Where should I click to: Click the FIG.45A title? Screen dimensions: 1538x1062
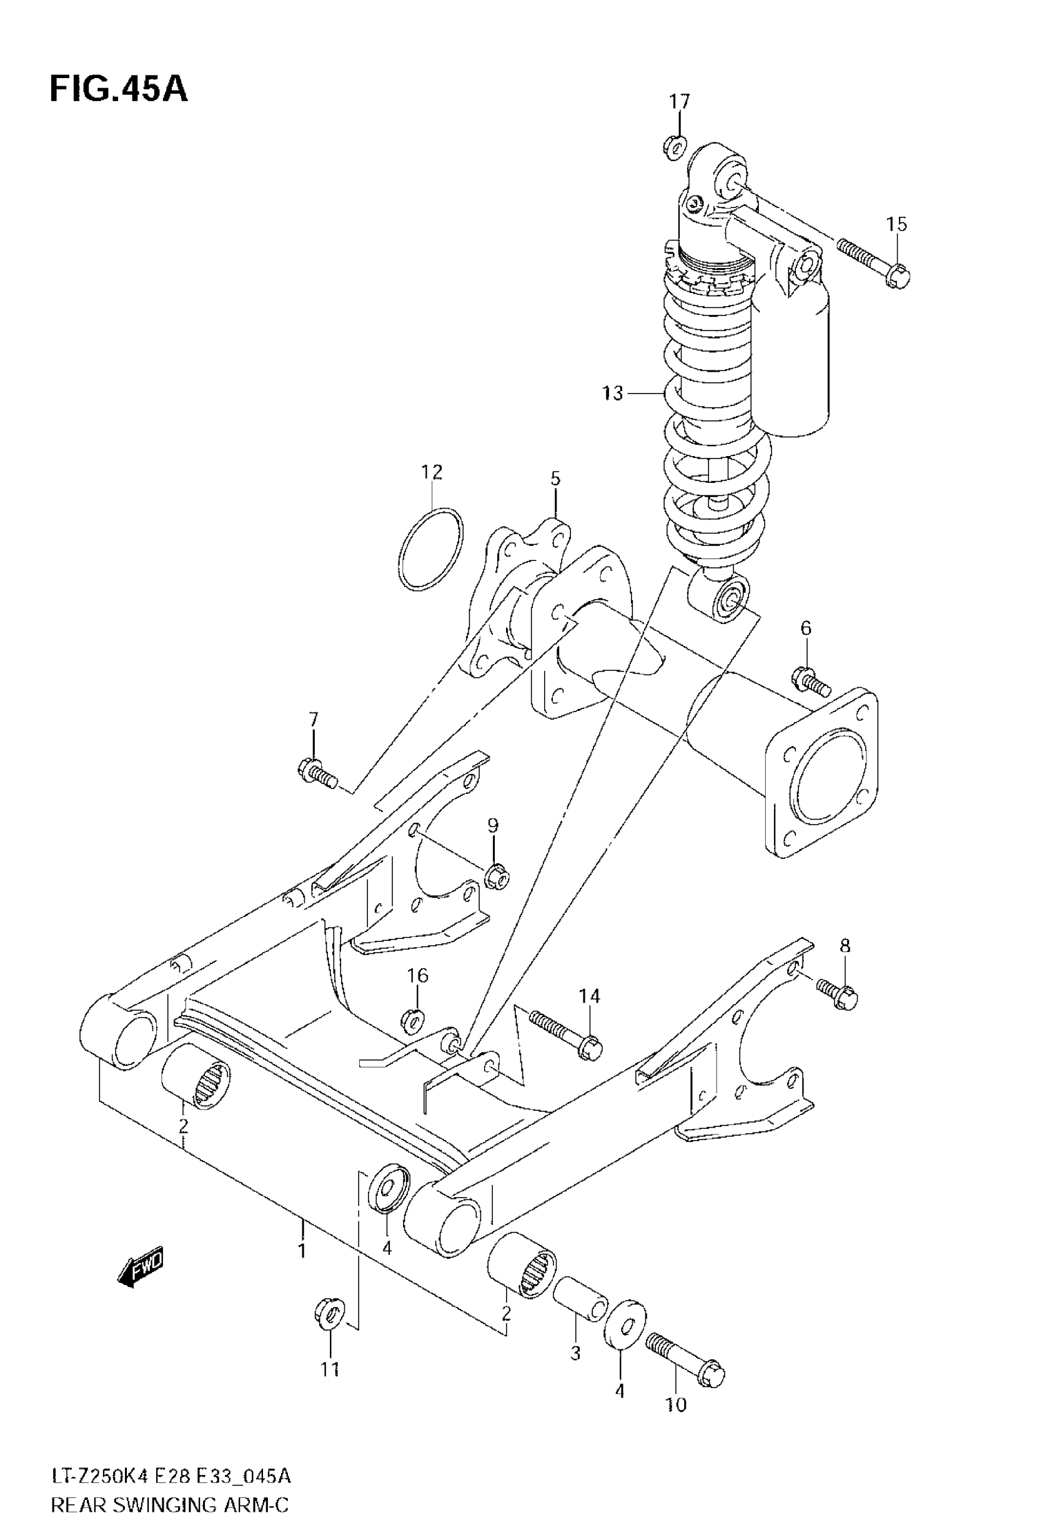[x=119, y=89]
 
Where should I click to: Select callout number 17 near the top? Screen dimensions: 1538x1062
[x=680, y=102]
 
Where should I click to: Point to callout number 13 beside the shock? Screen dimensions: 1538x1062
[x=612, y=394]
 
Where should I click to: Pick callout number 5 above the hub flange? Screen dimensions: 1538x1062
[x=555, y=479]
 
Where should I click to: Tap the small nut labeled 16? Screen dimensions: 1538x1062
[x=414, y=1018]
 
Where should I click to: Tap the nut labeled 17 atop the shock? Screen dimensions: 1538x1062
[x=675, y=146]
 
